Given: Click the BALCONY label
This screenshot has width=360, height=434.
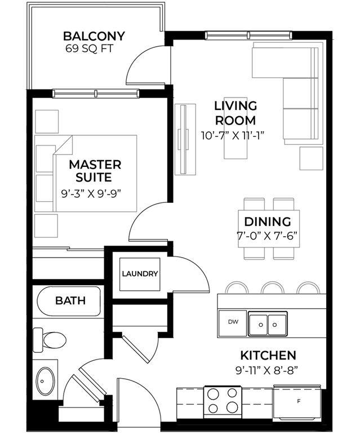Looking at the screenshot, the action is pyautogui.click(x=94, y=36).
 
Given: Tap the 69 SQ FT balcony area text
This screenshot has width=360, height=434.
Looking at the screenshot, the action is pyautogui.click(x=90, y=48).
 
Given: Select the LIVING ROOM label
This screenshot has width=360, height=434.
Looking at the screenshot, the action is pyautogui.click(x=235, y=113).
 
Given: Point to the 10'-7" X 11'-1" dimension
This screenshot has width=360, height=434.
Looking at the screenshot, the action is pyautogui.click(x=233, y=136).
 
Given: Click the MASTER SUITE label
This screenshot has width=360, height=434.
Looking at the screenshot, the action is pyautogui.click(x=95, y=171).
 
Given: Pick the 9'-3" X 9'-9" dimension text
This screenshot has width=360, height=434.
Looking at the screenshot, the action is pyautogui.click(x=92, y=194).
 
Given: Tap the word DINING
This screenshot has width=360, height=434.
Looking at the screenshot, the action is pyautogui.click(x=268, y=222).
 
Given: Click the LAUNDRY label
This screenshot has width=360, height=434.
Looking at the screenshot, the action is pyautogui.click(x=140, y=274).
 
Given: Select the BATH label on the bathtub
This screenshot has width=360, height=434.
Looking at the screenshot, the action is pyautogui.click(x=70, y=300).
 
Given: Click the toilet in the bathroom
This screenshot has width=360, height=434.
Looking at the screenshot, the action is pyautogui.click(x=50, y=340).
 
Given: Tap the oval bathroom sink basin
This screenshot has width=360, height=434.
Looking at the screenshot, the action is pyautogui.click(x=46, y=381).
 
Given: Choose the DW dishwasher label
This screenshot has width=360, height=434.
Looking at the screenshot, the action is pyautogui.click(x=233, y=322).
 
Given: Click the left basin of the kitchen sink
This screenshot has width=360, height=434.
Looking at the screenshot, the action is pyautogui.click(x=259, y=324).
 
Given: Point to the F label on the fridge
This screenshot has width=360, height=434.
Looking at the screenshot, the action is pyautogui.click(x=299, y=401).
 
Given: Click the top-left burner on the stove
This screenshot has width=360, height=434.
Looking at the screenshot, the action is pyautogui.click(x=214, y=394).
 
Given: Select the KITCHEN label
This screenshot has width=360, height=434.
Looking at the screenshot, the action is pyautogui.click(x=268, y=356).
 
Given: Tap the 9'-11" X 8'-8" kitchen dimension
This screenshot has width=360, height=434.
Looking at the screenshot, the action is pyautogui.click(x=266, y=370).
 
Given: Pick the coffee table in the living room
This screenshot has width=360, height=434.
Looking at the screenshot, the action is pyautogui.click(x=235, y=128).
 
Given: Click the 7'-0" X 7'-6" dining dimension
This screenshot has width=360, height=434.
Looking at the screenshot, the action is pyautogui.click(x=267, y=236).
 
